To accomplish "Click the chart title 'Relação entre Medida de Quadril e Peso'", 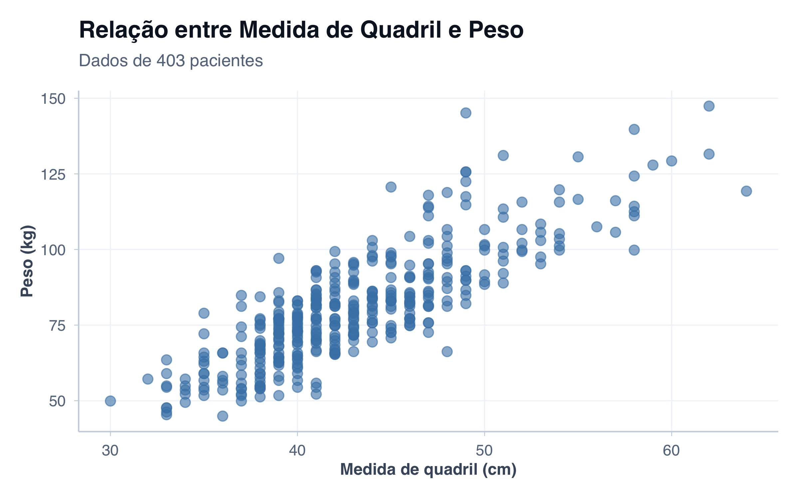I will coord(301,30).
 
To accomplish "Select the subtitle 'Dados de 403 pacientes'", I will coord(171,61).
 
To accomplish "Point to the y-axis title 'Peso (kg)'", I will coord(27,261).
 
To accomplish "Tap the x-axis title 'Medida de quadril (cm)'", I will coord(428,470).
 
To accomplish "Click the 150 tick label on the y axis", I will coord(53,99).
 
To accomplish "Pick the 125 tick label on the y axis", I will coord(53,175).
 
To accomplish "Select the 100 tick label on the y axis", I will coord(53,250).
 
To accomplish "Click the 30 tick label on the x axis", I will coord(110,451).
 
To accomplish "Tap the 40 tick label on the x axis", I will coord(297,451).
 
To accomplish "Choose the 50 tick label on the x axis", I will coord(484,451).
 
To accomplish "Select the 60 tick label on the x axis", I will coord(671,451).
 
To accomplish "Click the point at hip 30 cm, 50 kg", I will coord(110,401).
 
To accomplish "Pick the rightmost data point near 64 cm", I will coord(746,191).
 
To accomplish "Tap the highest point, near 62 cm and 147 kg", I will coord(709,106).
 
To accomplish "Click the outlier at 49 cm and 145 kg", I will coord(465,113).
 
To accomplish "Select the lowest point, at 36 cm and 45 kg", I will coord(222,416).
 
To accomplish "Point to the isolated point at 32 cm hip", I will coord(147,379).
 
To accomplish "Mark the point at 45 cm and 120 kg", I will coord(391,187).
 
